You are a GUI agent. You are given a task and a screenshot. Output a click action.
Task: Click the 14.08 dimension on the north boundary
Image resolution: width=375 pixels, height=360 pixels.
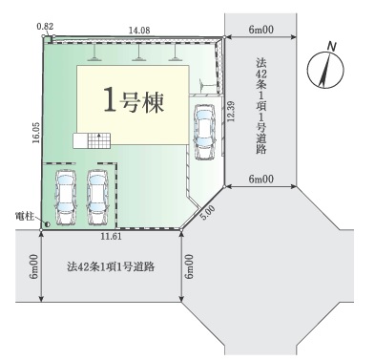click(139, 30)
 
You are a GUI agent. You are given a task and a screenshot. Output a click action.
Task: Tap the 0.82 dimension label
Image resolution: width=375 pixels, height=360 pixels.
click(45, 26)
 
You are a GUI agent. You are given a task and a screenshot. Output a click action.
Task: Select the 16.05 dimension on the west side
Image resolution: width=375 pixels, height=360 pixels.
click(36, 133)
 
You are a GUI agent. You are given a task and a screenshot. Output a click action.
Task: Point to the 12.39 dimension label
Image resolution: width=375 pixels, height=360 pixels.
click(231, 111)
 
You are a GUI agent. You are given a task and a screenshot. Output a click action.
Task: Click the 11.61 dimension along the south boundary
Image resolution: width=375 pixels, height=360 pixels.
click(111, 237)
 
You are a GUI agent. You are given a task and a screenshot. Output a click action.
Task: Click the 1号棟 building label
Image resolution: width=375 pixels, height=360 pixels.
click(134, 101)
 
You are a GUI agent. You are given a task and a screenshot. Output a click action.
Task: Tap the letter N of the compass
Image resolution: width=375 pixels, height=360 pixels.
click(332, 47)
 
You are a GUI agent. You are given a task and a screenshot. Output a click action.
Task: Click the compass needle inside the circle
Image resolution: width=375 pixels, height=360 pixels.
click(324, 71)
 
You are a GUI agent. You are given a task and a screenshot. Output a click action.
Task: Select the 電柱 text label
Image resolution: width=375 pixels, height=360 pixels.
click(23, 215)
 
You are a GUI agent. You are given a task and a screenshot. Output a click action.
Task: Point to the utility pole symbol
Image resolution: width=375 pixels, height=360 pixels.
click(48, 224)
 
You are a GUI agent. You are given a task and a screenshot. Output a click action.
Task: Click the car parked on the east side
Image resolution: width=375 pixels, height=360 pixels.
click(204, 132)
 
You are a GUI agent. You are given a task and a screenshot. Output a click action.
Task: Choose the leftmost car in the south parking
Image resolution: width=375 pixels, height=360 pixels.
click(66, 198)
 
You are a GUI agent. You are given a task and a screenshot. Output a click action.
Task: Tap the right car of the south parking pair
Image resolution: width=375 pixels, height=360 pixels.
click(98, 198)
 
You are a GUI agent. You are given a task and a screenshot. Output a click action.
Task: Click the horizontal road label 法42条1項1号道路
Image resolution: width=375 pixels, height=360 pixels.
click(111, 266)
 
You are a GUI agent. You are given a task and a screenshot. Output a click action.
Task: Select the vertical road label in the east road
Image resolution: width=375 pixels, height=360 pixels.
click(260, 106)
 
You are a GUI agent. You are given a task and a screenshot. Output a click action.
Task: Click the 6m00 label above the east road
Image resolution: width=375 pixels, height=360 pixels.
click(260, 30)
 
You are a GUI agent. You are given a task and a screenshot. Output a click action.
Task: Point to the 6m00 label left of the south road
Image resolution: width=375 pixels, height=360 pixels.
click(34, 266)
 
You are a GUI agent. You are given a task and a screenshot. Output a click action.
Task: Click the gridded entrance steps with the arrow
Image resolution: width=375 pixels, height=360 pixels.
click(98, 140)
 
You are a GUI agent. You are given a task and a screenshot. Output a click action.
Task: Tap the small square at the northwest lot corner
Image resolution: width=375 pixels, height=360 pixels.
click(49, 39)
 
